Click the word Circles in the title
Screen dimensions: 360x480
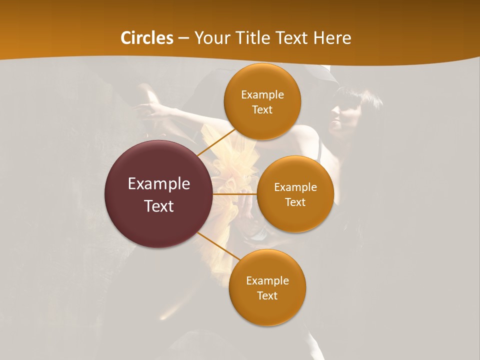[x=146, y=38]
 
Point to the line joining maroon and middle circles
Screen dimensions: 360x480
[x=235, y=194]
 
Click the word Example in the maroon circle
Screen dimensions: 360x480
[x=159, y=184]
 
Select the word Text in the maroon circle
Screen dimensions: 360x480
[x=159, y=206]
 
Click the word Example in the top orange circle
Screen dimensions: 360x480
[x=262, y=95]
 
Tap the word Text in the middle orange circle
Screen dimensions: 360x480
[x=295, y=202]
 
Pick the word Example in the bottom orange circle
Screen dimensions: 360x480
[x=267, y=280]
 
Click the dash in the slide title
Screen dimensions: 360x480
[x=183, y=38]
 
